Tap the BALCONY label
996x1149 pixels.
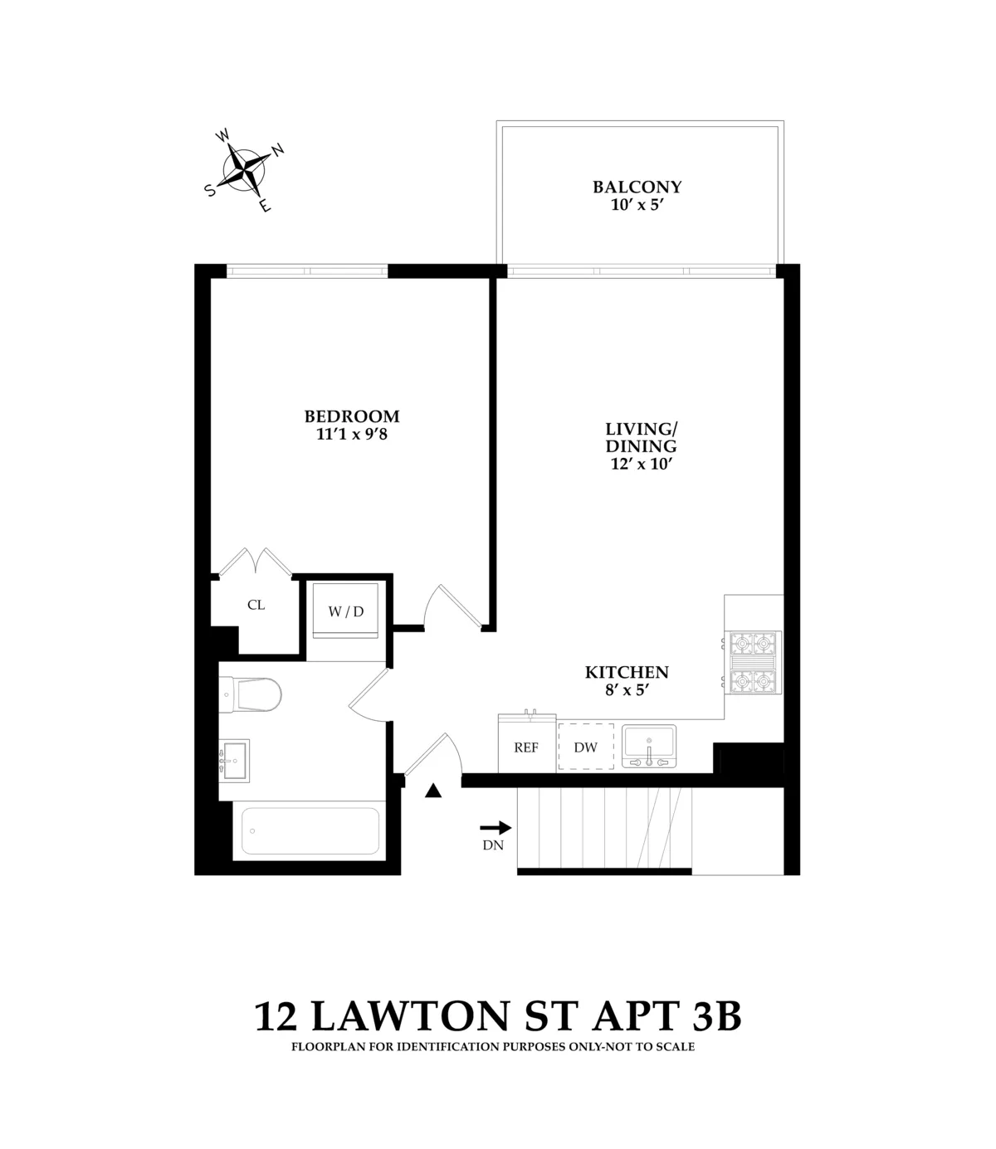pyautogui.click(x=637, y=187)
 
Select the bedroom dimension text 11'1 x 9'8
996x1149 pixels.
pyautogui.click(x=352, y=434)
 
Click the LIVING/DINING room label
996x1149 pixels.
pyautogui.click(x=641, y=437)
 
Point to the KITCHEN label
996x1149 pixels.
pyautogui.click(x=627, y=673)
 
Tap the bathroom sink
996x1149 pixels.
pyautogui.click(x=236, y=760)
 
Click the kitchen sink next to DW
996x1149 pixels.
pyautogui.click(x=649, y=745)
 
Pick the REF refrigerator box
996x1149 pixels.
pyautogui.click(x=526, y=747)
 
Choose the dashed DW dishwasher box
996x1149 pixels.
pyautogui.click(x=586, y=747)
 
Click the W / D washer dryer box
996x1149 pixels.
pyautogui.click(x=346, y=611)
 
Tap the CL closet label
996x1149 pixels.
pyautogui.click(x=256, y=606)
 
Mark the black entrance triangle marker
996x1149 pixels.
pyautogui.click(x=432, y=791)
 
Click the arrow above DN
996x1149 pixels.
pyautogui.click(x=496, y=827)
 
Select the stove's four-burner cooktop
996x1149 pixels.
pyautogui.click(x=754, y=663)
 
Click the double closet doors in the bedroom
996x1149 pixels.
pyautogui.click(x=256, y=562)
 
